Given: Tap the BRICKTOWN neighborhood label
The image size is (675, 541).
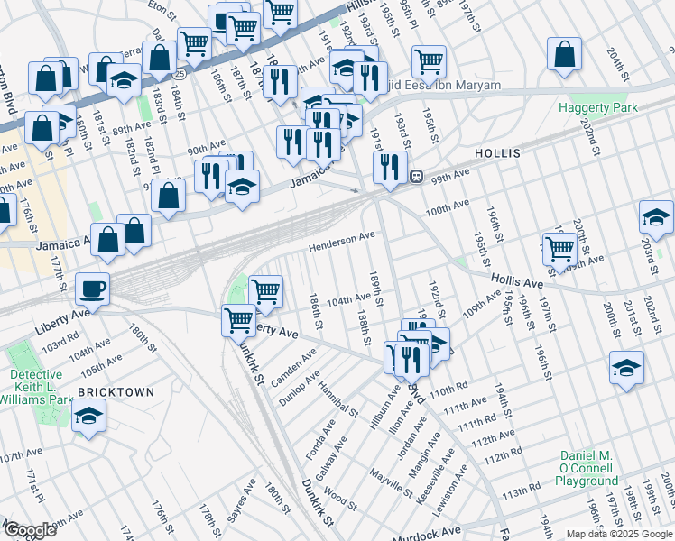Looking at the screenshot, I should (x=116, y=392).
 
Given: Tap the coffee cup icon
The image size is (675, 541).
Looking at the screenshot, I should (x=92, y=289).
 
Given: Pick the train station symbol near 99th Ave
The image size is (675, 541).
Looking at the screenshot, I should (x=417, y=175).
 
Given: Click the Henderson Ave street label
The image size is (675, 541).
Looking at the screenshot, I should (x=342, y=240).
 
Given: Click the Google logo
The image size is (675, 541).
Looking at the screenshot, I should (x=30, y=529).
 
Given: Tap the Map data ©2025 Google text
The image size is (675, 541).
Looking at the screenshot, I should (x=619, y=534).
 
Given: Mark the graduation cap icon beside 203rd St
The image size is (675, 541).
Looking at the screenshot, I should (x=656, y=216).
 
